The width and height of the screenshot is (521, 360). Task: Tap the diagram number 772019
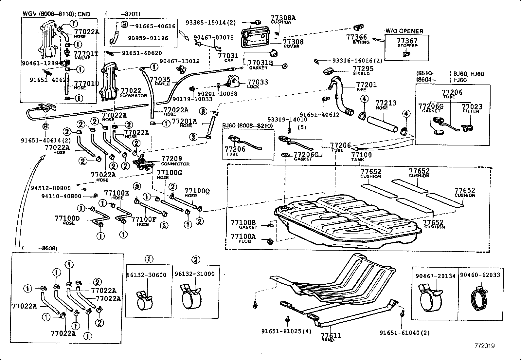point(485,346)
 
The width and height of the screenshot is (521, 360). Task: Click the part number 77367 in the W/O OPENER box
point(407,41)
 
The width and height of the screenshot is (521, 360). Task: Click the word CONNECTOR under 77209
point(175,164)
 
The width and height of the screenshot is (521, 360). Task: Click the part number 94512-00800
point(51,188)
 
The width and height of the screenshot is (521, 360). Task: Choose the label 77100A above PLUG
point(243,237)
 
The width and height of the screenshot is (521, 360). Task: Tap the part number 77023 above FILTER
point(472,106)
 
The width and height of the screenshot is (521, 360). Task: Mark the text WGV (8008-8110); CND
point(56,14)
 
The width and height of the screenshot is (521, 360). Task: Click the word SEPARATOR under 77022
point(133,95)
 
